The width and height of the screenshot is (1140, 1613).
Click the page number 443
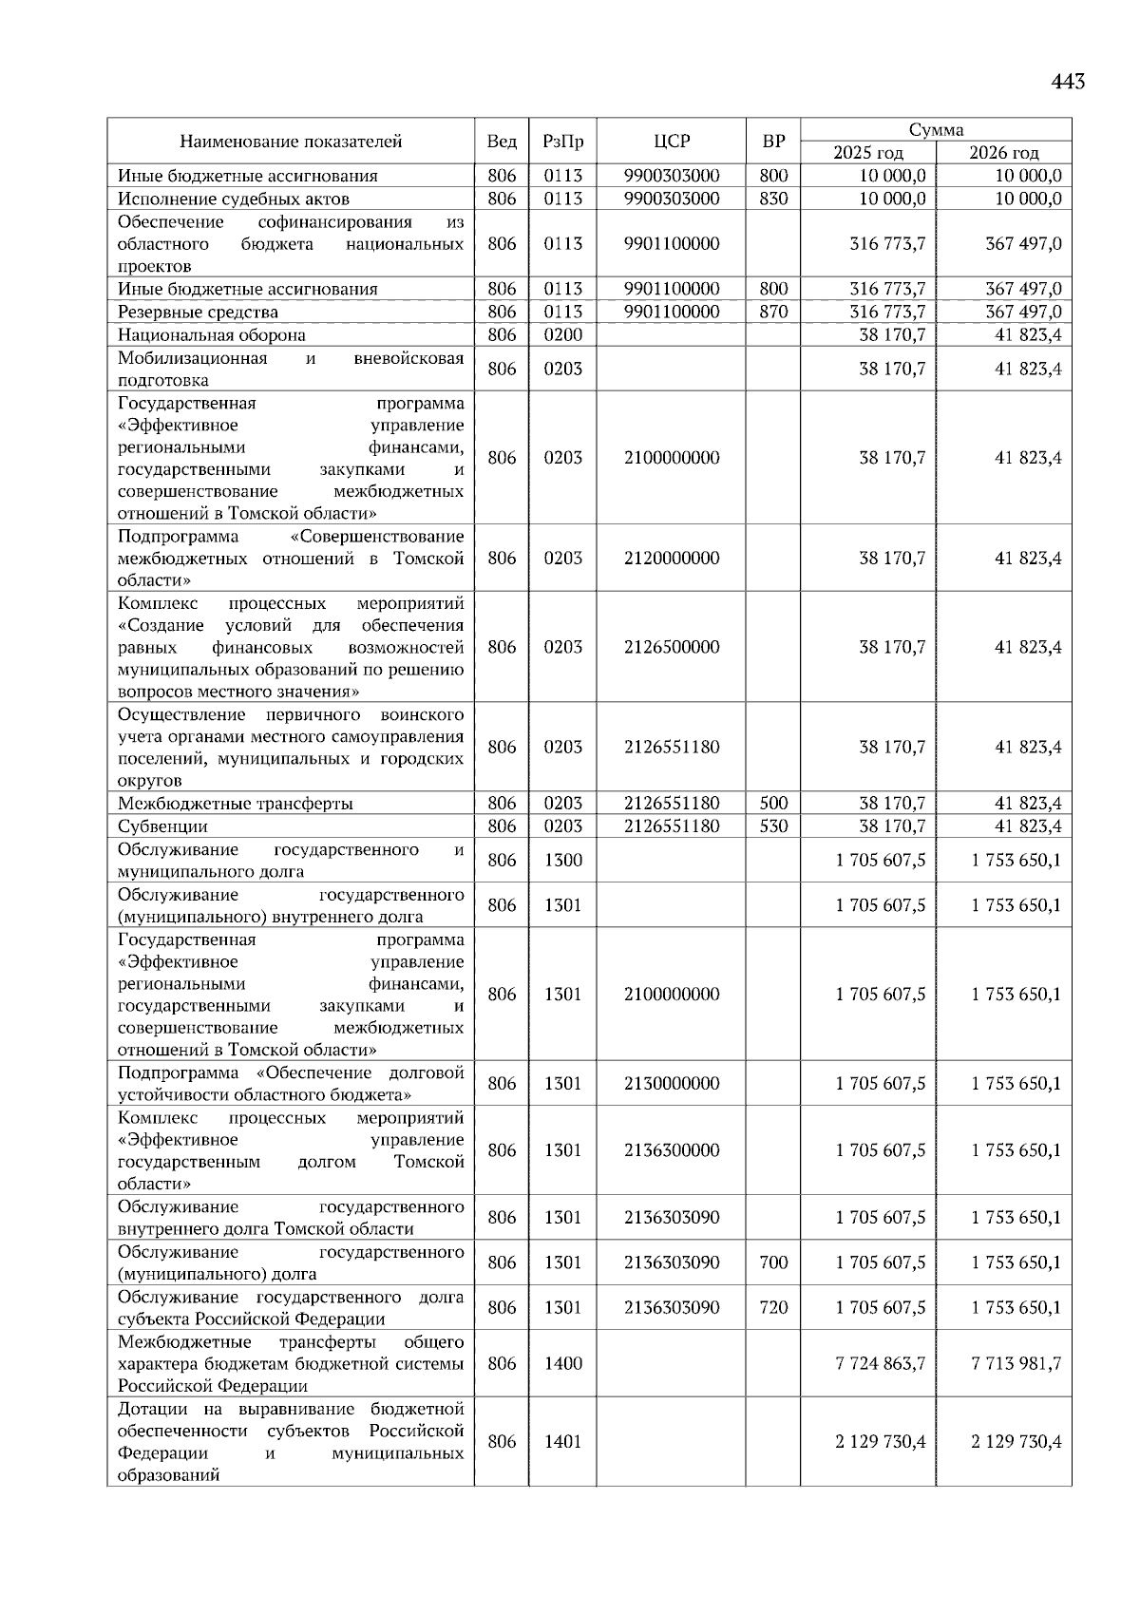(1068, 83)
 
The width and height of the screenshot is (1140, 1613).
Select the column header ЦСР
(672, 142)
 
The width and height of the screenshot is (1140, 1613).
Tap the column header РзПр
(563, 142)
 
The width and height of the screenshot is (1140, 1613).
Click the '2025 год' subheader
(868, 153)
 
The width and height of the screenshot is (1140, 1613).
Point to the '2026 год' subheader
(1004, 153)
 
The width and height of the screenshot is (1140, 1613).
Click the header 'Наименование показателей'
(291, 142)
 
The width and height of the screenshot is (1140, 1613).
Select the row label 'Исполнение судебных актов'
(234, 199)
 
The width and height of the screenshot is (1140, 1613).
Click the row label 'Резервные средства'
(198, 312)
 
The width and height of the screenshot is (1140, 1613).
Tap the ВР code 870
(773, 312)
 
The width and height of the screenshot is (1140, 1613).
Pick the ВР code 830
(773, 199)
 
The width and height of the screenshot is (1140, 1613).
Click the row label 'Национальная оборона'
(212, 334)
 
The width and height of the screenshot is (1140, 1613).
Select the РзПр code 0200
(563, 334)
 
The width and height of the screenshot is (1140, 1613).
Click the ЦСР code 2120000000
(672, 558)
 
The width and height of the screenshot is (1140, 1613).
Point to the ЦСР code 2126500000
(672, 647)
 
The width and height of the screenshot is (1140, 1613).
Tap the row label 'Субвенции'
(162, 826)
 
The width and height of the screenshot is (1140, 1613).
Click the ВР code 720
(773, 1307)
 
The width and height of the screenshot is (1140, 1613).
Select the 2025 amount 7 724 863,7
(881, 1363)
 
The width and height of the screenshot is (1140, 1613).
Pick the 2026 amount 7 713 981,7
(1016, 1363)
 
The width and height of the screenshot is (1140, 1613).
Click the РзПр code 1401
(563, 1441)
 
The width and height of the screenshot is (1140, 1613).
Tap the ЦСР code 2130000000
(672, 1083)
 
